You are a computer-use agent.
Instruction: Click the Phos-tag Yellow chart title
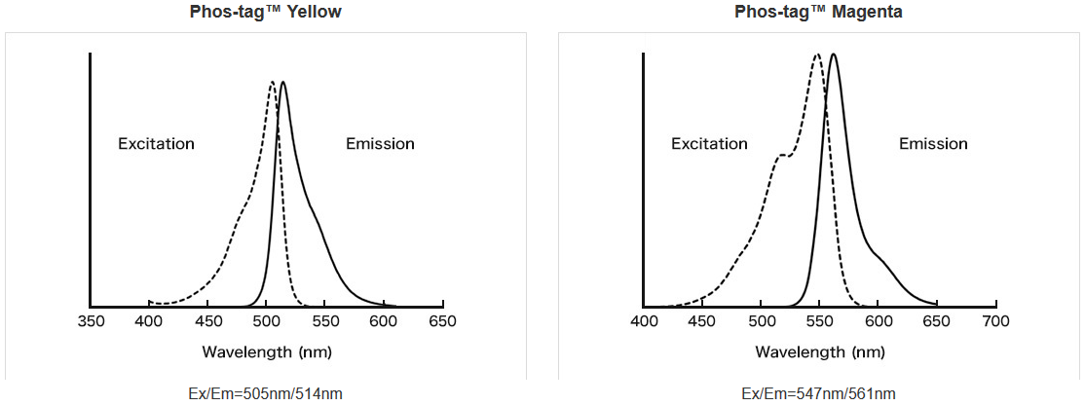[265, 12]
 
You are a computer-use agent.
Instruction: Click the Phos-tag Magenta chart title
[818, 12]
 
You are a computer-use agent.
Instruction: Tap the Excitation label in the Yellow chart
[156, 144]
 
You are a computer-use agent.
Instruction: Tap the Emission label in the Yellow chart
[380, 144]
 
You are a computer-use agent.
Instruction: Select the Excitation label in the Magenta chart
[709, 144]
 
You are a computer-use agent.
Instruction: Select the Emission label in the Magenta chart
[933, 144]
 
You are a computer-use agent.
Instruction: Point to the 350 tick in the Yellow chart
[91, 320]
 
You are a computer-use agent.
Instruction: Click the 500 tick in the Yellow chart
[267, 320]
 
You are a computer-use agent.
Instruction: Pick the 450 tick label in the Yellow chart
[207, 320]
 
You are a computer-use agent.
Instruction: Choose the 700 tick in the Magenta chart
[995, 320]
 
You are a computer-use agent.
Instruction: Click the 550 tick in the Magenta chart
[819, 320]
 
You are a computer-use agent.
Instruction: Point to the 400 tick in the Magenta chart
[644, 320]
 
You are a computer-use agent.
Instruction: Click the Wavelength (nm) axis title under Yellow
[266, 351]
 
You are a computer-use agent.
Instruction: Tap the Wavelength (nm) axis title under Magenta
[819, 351]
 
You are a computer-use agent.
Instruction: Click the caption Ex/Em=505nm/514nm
[265, 393]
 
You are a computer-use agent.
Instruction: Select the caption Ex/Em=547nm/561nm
[818, 393]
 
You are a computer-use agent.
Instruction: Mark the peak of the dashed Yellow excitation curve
[272, 82]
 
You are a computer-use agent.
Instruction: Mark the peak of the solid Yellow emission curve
[282, 82]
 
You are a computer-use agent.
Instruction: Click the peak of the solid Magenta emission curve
[833, 55]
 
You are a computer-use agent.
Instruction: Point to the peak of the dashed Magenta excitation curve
[817, 55]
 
